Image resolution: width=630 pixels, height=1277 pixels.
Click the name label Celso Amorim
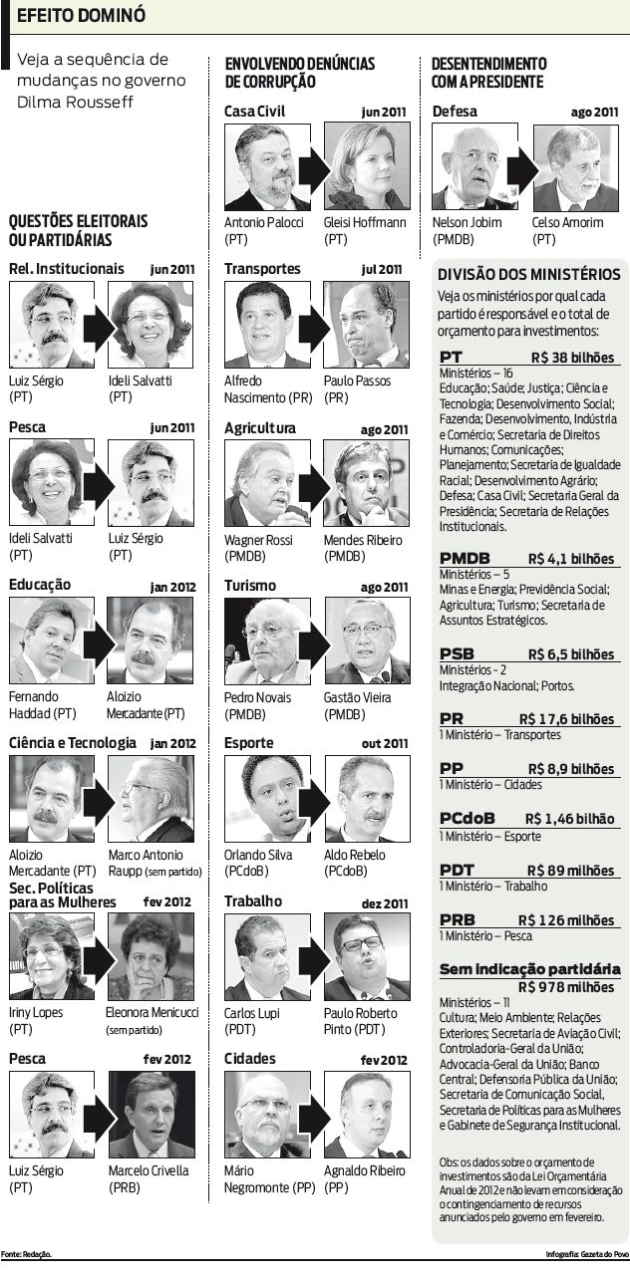[568, 222]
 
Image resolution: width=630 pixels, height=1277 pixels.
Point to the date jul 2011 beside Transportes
[382, 269]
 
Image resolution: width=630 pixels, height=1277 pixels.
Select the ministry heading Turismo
[249, 586]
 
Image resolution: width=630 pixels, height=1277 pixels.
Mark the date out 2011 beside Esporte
[385, 743]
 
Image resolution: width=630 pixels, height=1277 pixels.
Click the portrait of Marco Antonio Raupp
[151, 799]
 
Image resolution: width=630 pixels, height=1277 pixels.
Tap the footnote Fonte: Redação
[26, 1253]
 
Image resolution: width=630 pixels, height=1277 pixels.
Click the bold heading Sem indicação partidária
[529, 969]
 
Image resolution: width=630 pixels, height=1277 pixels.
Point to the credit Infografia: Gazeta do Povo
[587, 1253]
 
